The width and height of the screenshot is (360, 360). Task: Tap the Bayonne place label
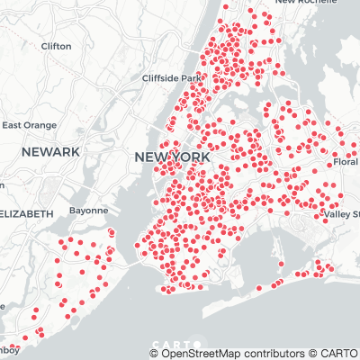click(88, 211)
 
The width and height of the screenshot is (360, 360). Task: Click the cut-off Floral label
click(346, 162)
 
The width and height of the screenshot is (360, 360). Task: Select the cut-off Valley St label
click(342, 214)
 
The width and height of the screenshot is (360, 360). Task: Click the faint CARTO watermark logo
click(172, 344)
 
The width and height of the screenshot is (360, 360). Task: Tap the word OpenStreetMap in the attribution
click(202, 354)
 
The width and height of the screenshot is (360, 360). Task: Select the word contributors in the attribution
click(269, 354)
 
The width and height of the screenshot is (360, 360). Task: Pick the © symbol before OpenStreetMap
click(155, 354)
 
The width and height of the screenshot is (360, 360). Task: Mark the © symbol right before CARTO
click(311, 354)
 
